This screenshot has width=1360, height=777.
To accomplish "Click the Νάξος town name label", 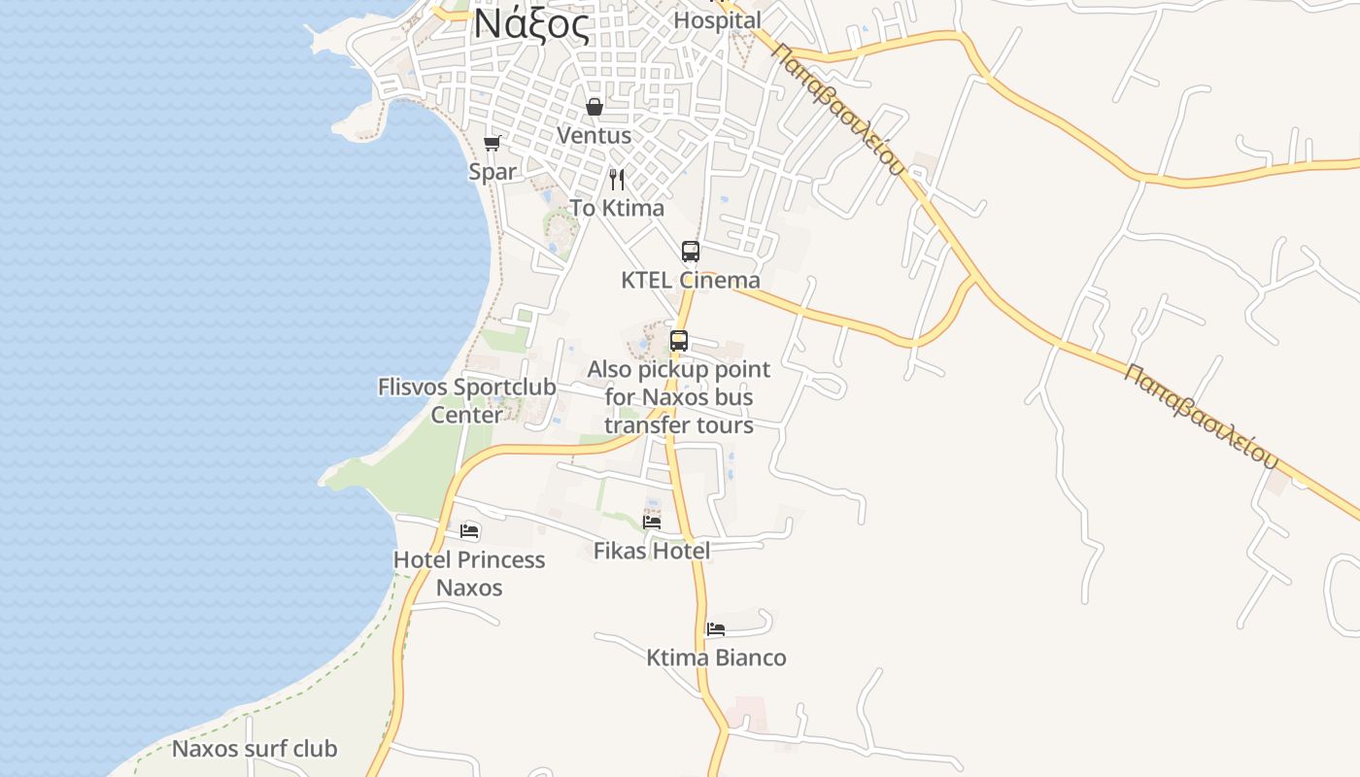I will [531, 25].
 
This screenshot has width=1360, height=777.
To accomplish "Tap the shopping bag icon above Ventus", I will [595, 107].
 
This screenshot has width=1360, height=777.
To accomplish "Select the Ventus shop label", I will [594, 136].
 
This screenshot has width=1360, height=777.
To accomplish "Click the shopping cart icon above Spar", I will [493, 144].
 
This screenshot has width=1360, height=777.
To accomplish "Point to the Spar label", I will [493, 172].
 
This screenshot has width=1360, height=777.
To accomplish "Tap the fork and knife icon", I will [617, 180].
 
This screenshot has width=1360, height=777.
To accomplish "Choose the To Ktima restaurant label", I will [617, 208].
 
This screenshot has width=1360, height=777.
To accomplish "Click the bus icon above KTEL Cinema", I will [691, 252].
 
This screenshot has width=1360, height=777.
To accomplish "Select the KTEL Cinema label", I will [691, 281].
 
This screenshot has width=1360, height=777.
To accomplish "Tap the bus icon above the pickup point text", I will [679, 341].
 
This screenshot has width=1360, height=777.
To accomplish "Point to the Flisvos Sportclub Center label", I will [467, 400].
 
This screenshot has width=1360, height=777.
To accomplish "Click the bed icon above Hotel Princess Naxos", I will [470, 531].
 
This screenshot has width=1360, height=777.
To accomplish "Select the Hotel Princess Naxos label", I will [469, 573].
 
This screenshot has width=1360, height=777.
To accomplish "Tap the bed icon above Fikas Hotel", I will [652, 522].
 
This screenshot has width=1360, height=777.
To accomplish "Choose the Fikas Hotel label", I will [652, 551].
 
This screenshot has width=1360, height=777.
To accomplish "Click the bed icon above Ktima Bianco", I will [716, 629].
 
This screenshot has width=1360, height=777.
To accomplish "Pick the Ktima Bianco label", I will [716, 658].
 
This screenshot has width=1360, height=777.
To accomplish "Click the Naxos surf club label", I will [255, 749].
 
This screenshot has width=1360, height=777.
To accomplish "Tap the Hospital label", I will [717, 20].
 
